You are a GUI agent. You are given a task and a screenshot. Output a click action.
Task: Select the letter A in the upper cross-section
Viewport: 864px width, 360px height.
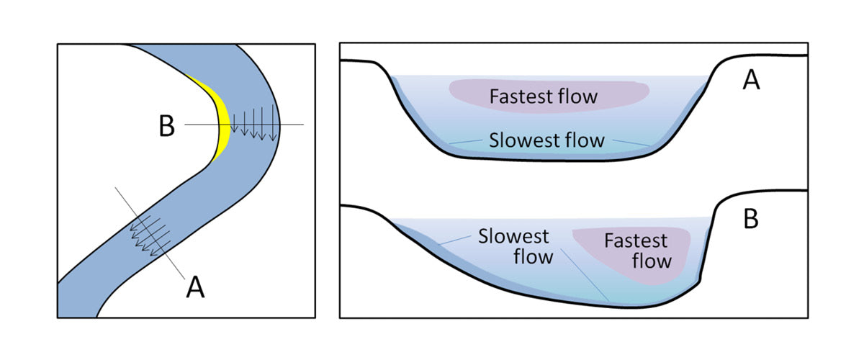pos(750,81)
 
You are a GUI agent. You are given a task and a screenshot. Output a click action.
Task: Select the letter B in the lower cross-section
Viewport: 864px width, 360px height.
pos(750,220)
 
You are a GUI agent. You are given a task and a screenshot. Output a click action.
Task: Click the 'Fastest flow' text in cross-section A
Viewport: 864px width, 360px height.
pos(544,96)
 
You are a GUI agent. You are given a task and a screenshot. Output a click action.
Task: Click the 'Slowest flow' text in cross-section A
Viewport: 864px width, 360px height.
pos(546,140)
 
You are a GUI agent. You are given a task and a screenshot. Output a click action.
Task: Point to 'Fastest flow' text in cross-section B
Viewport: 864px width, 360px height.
pos(636,249)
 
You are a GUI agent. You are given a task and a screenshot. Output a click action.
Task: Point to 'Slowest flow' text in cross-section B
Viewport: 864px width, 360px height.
pos(514,246)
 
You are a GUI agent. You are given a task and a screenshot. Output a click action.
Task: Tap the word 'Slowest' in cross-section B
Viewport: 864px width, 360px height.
pos(514,237)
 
